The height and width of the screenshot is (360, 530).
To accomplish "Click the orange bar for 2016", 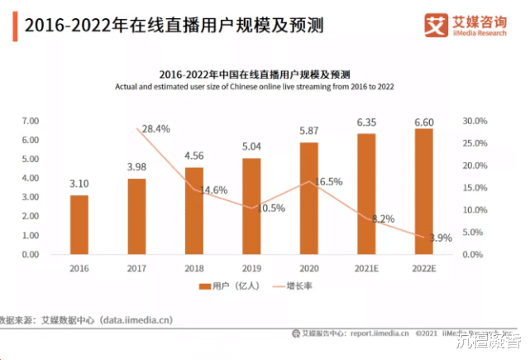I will pos(79,224).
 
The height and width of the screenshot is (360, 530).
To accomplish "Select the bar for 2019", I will pos(251,206).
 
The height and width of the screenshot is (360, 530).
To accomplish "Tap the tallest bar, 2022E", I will pos(423,191).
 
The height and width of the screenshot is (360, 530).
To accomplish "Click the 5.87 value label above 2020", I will pos(309,131).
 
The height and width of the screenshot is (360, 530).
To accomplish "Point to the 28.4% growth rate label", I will pos(156,129).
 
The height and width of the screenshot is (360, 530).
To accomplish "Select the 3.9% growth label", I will pos(441,238).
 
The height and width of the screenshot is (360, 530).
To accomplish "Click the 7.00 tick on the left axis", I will pos(29,121).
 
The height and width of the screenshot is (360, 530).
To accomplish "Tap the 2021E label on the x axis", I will pos(365,269).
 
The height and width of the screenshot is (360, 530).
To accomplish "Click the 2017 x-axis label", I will pos(136,269).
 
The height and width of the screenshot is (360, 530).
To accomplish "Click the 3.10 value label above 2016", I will pos(79,184).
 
